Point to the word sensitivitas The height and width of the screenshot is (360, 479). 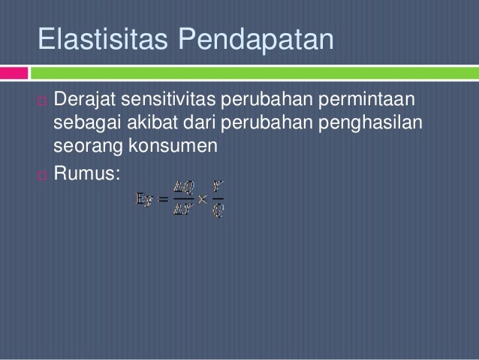coord(176,100)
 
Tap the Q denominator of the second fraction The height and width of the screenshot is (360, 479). coord(217,211)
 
